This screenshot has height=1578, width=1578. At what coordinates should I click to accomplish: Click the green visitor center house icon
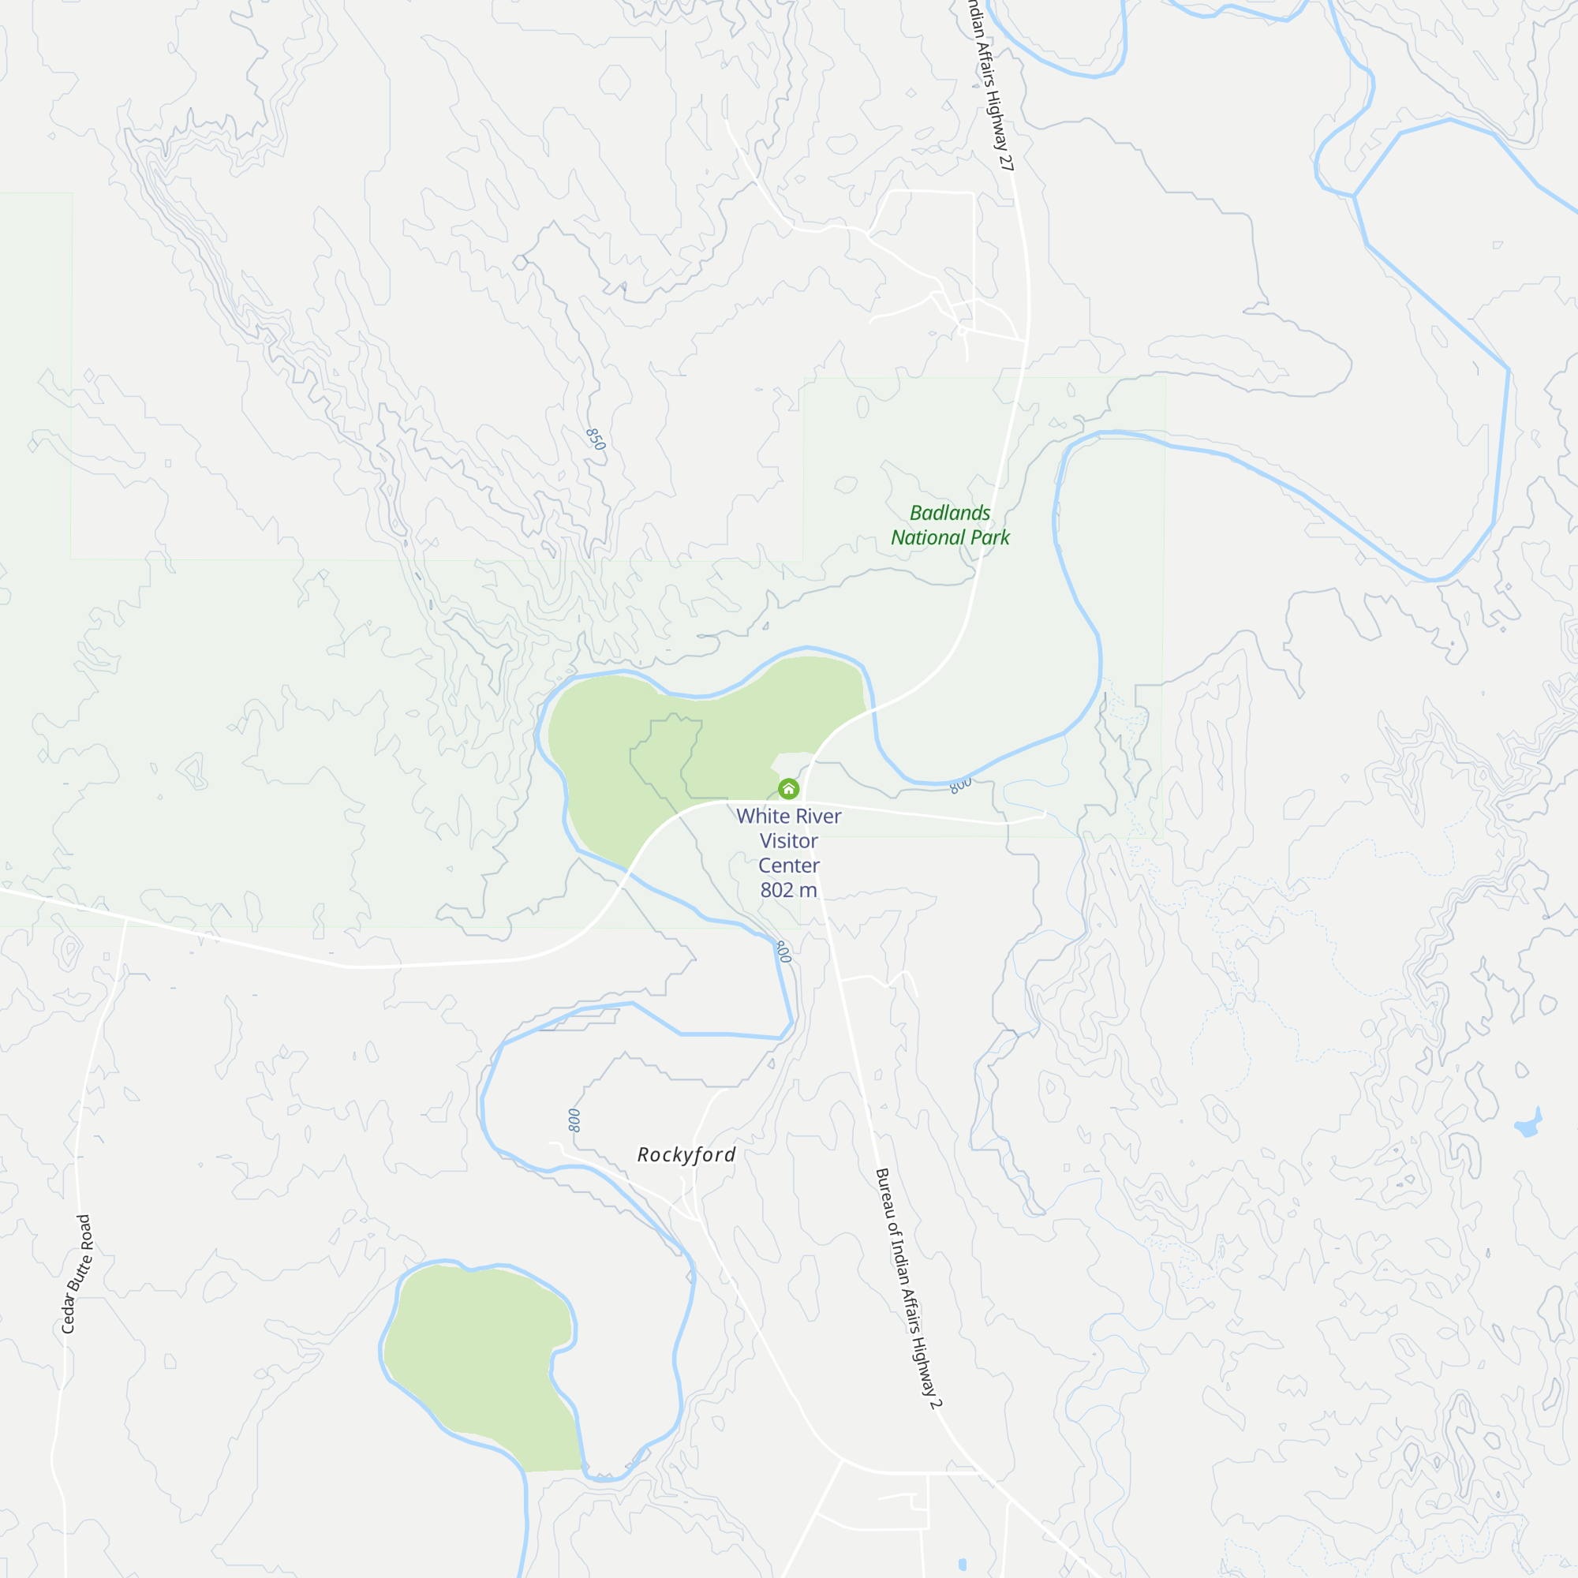(788, 788)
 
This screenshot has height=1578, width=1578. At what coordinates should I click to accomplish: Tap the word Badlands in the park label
(950, 513)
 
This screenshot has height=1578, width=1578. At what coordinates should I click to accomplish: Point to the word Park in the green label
(989, 537)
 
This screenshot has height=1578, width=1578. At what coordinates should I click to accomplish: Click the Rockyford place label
(687, 1154)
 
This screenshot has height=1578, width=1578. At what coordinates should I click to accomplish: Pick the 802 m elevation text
(788, 889)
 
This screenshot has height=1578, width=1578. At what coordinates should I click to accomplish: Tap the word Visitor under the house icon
(788, 840)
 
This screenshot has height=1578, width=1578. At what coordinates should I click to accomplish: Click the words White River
(788, 816)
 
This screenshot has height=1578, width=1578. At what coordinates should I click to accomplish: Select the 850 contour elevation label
(596, 439)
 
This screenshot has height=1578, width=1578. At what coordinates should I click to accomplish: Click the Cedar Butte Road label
(77, 1273)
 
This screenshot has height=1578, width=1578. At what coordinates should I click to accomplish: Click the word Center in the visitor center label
(788, 865)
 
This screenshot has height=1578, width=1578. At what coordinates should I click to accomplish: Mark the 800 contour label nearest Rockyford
(574, 1120)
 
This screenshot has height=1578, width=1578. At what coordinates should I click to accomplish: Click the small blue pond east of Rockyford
(1527, 1127)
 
